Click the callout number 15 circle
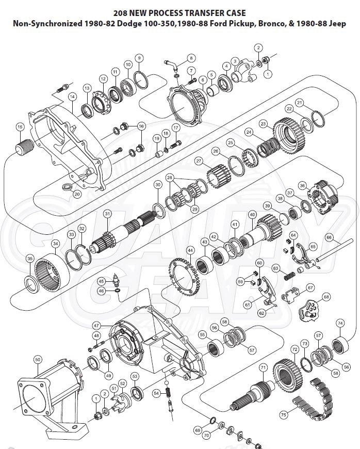coord(20,127)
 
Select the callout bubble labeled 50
coord(37,359)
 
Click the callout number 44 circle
coord(190,251)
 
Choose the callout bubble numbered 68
coord(326,297)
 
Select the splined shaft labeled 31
coord(124,237)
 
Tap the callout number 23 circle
coord(263,124)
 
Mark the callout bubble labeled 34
coord(55,243)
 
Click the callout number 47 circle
coord(96,325)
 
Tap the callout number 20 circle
coord(77,195)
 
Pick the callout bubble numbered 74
coord(340,323)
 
